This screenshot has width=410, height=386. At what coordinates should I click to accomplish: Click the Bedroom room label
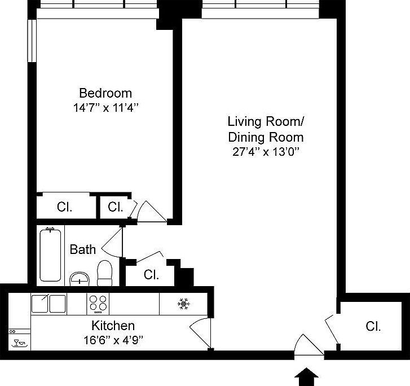point(105,93)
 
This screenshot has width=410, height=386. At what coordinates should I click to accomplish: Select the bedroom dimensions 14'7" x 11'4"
point(105,108)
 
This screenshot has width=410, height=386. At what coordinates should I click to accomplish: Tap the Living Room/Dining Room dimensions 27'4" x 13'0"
point(265,152)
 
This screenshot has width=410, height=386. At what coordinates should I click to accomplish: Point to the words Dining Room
point(265,137)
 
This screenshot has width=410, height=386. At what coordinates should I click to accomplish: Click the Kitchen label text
point(113,326)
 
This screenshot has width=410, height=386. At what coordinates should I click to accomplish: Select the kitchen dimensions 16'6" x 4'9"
point(113,340)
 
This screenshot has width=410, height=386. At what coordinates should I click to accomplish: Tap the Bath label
point(82,249)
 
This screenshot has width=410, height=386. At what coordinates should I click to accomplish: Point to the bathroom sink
point(80,278)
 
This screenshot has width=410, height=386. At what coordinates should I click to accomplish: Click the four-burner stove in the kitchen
point(98,304)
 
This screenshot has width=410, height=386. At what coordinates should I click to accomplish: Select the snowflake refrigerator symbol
point(183,304)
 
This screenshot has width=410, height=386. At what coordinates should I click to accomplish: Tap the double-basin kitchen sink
point(49,304)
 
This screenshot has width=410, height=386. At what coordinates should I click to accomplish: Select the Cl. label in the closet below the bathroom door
point(151,275)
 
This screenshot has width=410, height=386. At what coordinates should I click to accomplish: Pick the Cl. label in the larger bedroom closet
point(65,207)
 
